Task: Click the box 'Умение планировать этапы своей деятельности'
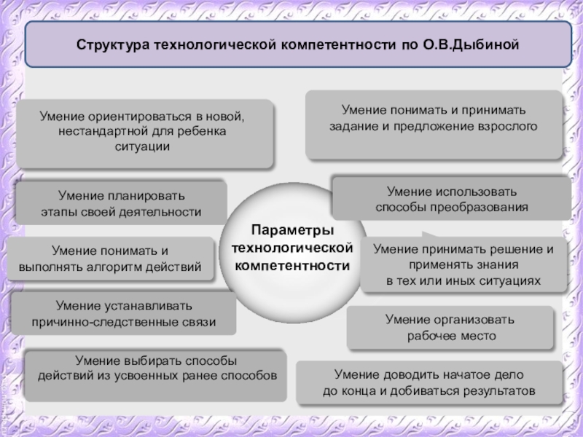tap(121, 204)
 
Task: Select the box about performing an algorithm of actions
tap(111, 259)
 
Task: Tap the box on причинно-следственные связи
tap(124, 313)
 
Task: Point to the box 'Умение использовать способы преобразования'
tap(451, 199)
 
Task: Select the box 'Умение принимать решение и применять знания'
tap(463, 264)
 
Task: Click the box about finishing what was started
tap(429, 383)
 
